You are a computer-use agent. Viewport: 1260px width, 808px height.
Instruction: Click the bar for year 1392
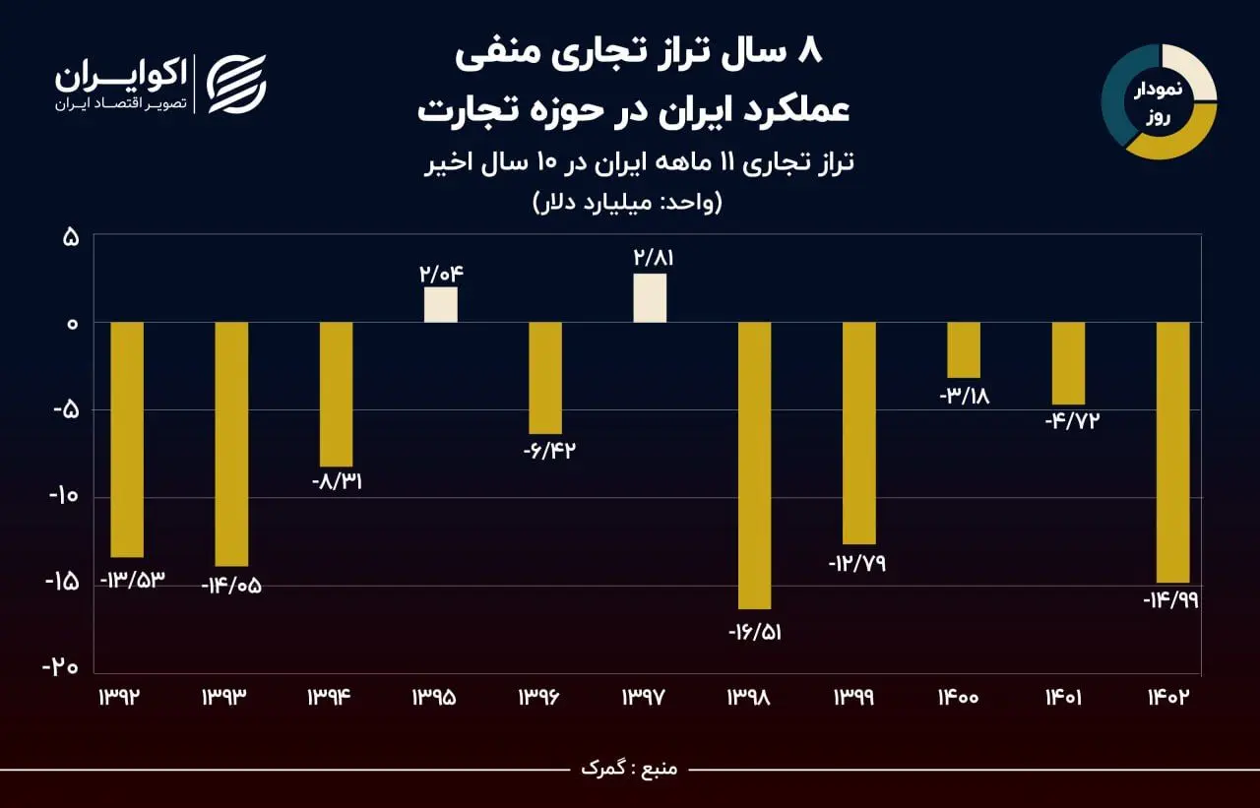[127, 440]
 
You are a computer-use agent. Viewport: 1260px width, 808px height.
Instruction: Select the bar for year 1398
[754, 466]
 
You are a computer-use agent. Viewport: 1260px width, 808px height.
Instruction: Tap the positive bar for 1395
[440, 305]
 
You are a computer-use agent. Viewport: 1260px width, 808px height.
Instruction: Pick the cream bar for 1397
[650, 298]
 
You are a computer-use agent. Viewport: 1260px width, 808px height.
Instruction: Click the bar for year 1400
[964, 350]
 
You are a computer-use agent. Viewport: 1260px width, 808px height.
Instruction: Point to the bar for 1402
[1172, 453]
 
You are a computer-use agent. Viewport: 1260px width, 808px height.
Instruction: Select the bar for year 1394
[336, 395]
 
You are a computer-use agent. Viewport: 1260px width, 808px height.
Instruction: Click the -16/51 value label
[754, 632]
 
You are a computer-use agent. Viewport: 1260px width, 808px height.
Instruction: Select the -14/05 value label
[231, 586]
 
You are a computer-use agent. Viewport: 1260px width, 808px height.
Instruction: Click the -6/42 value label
[548, 452]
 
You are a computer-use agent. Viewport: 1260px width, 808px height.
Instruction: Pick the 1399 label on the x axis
[858, 698]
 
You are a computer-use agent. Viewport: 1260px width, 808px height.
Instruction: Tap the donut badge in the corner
[1159, 101]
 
